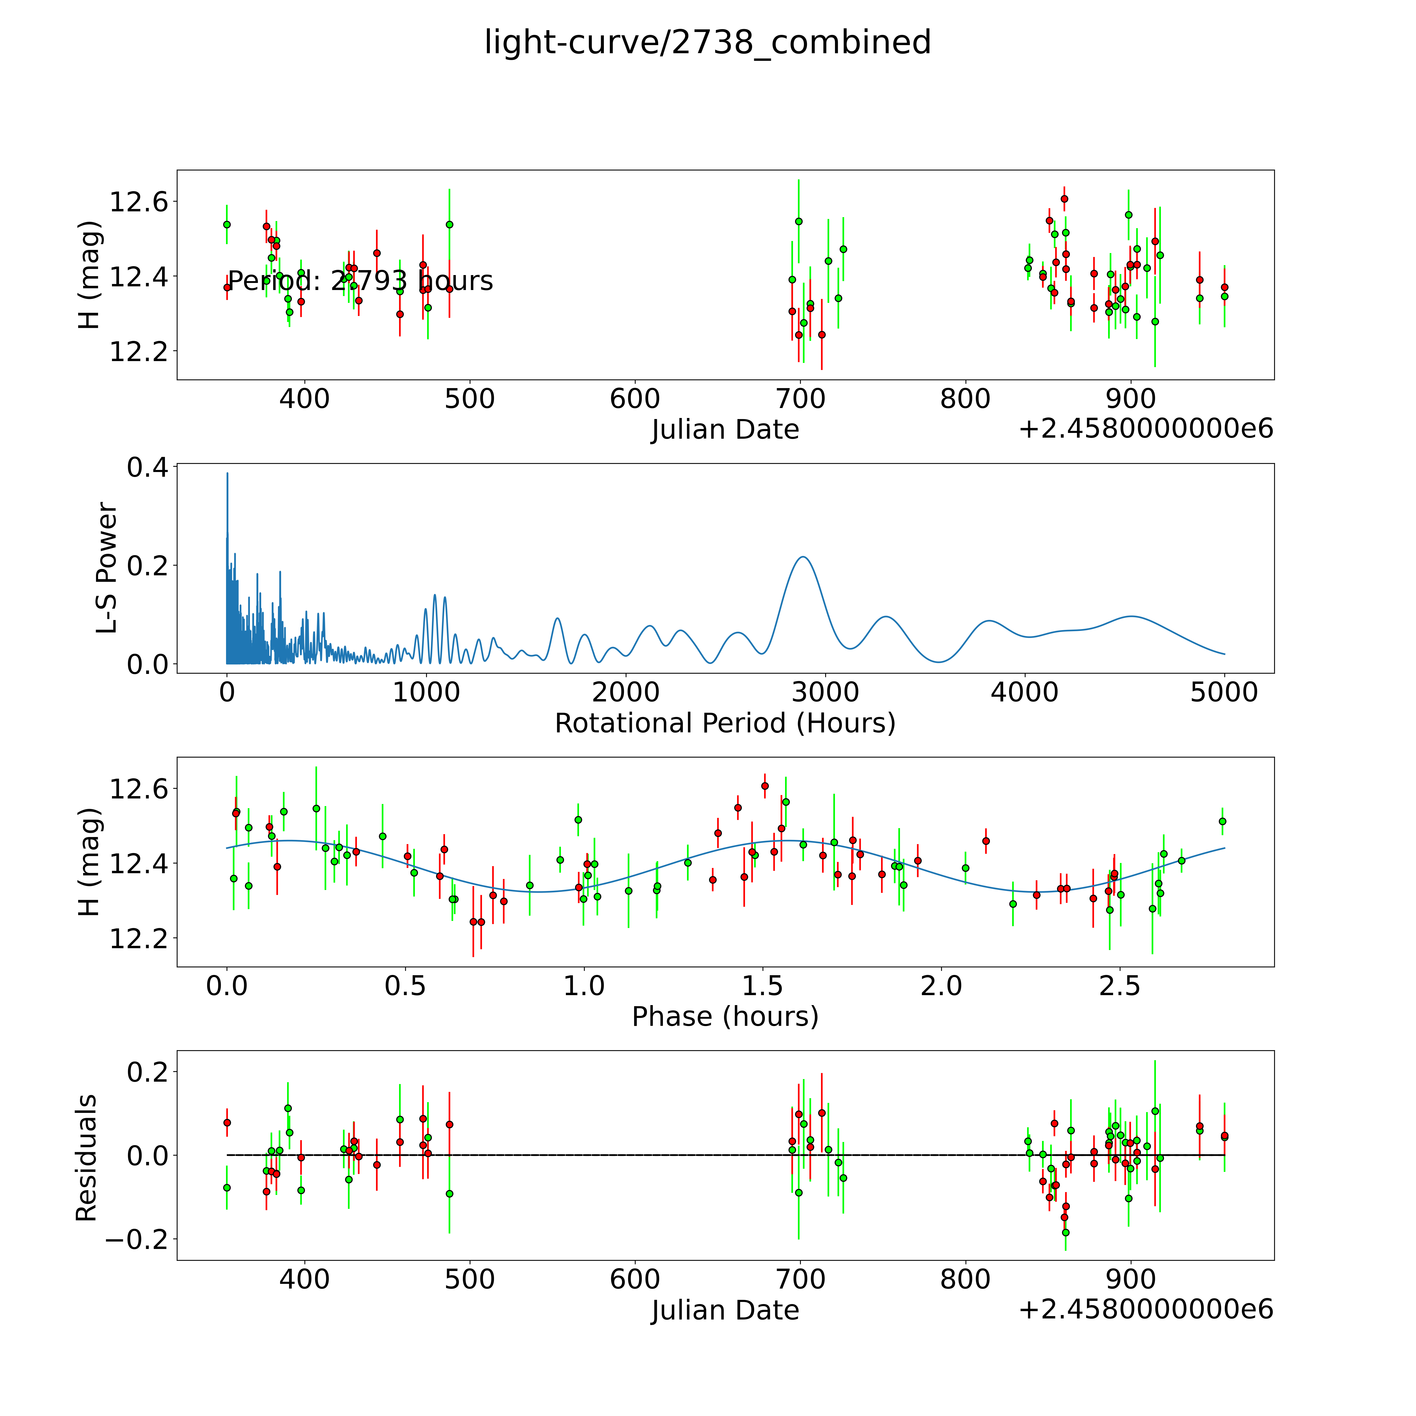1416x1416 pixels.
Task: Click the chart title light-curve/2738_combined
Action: tap(707, 42)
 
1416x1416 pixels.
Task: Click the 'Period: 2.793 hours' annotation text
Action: tap(360, 281)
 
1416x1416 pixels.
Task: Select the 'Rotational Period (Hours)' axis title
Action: tap(725, 723)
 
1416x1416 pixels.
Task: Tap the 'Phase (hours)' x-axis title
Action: tap(725, 1017)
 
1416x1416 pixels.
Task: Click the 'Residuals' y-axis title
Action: tap(87, 1158)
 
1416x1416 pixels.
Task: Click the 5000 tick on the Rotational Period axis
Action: tap(1224, 692)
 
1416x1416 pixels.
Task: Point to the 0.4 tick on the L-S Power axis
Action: tap(147, 468)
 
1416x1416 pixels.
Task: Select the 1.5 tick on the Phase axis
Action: tap(763, 986)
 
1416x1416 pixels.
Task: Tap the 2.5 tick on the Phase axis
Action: tap(1120, 986)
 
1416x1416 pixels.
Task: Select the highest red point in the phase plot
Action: tap(764, 786)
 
